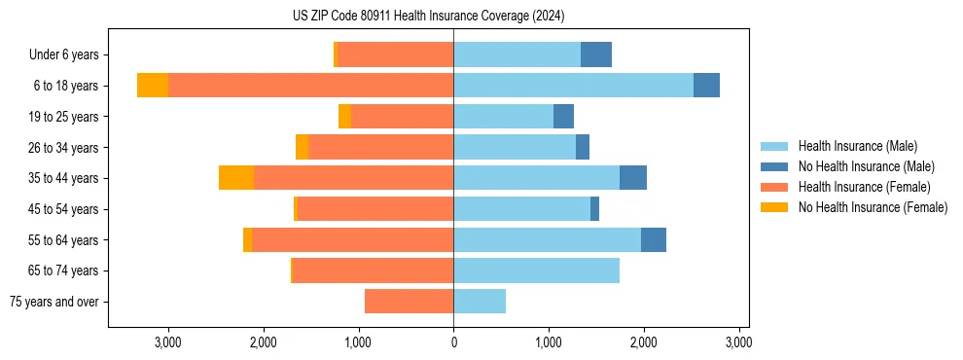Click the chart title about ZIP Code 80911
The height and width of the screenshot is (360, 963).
coord(428,17)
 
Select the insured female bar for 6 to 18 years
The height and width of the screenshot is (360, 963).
coord(310,86)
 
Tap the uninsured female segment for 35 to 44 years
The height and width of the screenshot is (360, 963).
coord(236,178)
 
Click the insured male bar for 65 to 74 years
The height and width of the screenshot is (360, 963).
coord(536,270)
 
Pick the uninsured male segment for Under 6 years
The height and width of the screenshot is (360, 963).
coord(596,55)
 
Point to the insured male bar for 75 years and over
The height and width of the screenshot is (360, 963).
coord(480,302)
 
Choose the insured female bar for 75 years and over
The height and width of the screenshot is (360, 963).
coord(409,302)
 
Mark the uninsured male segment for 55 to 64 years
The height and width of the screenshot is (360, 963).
coord(654,239)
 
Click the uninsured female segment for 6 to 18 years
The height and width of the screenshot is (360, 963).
coord(153,86)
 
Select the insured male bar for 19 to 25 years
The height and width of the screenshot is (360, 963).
coord(503,117)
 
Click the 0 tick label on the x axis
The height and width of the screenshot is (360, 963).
coord(453,342)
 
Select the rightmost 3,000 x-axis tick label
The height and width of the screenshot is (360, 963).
coord(738,342)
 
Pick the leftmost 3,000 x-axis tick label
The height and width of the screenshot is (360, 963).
coord(168,342)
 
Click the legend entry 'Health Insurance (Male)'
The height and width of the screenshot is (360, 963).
coord(857,146)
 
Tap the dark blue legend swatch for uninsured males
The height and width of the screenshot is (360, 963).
coord(775,166)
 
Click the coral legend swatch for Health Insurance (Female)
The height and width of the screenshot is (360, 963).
coord(775,187)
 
